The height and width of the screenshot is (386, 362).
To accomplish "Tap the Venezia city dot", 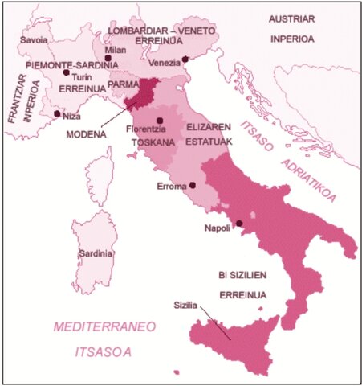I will [185, 59].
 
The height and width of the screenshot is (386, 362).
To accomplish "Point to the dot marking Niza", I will [55, 113].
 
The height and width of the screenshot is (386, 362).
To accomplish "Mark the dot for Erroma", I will [193, 185].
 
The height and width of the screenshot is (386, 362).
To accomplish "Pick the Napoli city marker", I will [238, 224].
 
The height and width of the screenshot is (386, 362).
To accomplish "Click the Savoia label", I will [32, 39].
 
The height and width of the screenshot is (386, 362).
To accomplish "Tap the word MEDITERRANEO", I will [104, 327].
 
